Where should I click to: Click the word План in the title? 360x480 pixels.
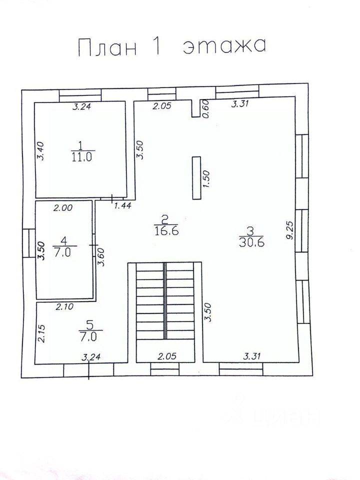[107, 48]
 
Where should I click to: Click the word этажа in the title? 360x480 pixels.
[224, 46]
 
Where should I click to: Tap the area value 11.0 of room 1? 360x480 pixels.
[81, 157]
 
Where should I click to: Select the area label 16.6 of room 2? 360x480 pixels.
[167, 230]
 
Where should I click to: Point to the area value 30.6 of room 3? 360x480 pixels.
[251, 242]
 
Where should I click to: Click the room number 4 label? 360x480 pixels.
[64, 241]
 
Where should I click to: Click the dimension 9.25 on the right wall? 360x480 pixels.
[290, 230]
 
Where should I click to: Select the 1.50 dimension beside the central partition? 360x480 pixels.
[206, 179]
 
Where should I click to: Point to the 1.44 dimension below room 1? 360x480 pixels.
[122, 205]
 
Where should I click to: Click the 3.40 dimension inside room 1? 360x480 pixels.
[41, 150]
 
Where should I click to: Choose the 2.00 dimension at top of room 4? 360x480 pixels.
[63, 208]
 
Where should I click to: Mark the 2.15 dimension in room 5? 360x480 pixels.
[41, 333]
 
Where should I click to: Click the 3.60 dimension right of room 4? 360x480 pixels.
[101, 257]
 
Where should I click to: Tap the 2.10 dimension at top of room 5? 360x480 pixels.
[64, 306]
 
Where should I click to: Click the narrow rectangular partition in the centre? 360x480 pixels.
[196, 178]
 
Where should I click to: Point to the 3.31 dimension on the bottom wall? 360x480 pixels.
[252, 356]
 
